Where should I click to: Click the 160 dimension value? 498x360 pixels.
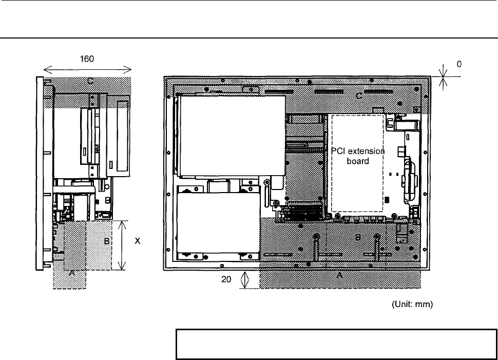[87, 59]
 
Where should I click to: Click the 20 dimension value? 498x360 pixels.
[226, 279]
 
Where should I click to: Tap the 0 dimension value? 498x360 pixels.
[459, 64]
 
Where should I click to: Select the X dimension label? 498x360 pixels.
[137, 241]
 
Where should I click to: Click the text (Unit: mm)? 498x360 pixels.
[412, 304]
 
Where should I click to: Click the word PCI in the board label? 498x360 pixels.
[338, 151]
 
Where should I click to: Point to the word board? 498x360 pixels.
[358, 161]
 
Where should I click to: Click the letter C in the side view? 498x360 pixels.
[90, 81]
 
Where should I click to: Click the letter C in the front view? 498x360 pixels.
[359, 96]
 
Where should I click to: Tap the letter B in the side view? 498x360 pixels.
[107, 241]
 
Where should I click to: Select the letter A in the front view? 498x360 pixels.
[339, 275]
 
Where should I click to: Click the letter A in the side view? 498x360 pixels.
[72, 273]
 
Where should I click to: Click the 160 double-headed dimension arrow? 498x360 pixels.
[87, 69]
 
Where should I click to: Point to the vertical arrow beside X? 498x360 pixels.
[122, 245]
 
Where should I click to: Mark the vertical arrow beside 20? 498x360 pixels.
[244, 280]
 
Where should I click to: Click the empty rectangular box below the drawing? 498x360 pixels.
[336, 345]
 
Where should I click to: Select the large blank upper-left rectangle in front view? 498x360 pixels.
[232, 136]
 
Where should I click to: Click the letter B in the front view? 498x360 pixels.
[358, 237]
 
